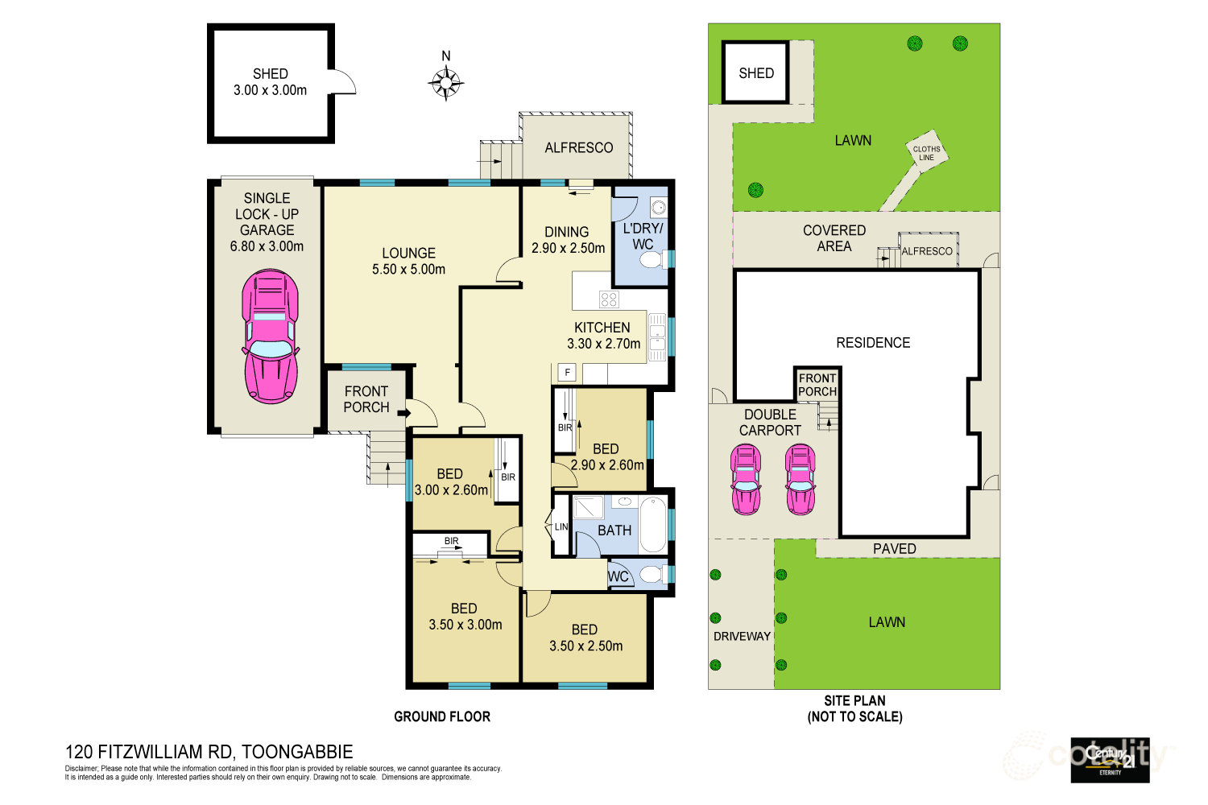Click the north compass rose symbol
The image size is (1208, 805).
(x=445, y=82)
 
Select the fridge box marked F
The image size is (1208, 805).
(x=568, y=373)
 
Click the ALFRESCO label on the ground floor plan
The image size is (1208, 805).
(x=578, y=148)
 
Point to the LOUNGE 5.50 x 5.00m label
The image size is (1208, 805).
(x=408, y=261)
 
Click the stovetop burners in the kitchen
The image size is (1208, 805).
(x=609, y=299)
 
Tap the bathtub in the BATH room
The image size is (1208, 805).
(x=653, y=524)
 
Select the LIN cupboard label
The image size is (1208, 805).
(x=561, y=527)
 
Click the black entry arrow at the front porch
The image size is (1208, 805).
(x=403, y=414)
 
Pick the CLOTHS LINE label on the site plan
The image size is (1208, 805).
(x=926, y=153)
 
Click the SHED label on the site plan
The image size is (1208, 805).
(x=756, y=73)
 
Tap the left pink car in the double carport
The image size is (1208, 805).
(x=745, y=480)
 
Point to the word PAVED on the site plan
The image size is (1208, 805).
(x=894, y=549)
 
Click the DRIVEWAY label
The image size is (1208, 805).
(x=742, y=637)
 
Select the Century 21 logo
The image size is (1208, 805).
(x=1110, y=760)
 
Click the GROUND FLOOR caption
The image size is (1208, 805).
(x=442, y=716)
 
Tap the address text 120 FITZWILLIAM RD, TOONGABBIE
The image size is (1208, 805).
(x=209, y=752)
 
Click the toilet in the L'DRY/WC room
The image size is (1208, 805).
(x=652, y=258)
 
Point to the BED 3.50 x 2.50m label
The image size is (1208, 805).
(x=585, y=638)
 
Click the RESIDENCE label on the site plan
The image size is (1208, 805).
(x=873, y=343)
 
